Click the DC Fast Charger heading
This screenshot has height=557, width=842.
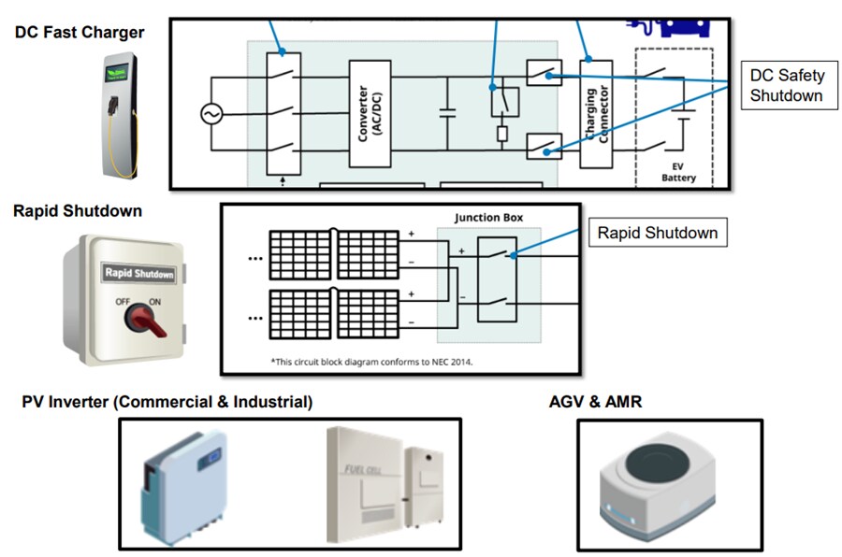(x=80, y=33)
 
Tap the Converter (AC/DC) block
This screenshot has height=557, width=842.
(x=369, y=114)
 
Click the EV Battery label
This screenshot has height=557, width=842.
(x=678, y=172)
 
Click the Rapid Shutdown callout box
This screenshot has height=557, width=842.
(x=657, y=233)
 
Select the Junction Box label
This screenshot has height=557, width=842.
(x=489, y=218)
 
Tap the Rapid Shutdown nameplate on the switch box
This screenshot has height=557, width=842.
(x=138, y=274)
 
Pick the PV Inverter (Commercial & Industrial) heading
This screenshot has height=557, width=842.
(x=167, y=402)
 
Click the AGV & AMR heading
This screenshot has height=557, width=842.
(x=595, y=402)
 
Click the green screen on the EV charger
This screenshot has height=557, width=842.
(x=120, y=71)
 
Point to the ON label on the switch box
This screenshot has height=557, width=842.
(x=156, y=302)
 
